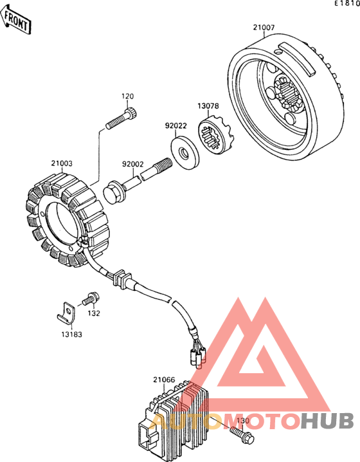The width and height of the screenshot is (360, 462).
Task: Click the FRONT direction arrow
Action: (16, 20)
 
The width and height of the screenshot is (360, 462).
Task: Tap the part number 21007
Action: (264, 28)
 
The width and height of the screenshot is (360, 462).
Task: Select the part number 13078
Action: (208, 106)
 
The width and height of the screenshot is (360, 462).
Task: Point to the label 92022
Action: (175, 126)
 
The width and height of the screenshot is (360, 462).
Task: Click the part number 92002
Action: (133, 164)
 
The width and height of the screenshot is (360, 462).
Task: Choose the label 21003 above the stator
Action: (62, 163)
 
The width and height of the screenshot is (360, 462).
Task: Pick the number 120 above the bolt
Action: (127, 97)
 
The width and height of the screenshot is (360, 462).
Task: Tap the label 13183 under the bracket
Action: (71, 335)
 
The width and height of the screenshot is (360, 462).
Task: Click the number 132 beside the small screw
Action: (94, 313)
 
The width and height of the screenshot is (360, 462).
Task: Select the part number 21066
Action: (164, 380)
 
